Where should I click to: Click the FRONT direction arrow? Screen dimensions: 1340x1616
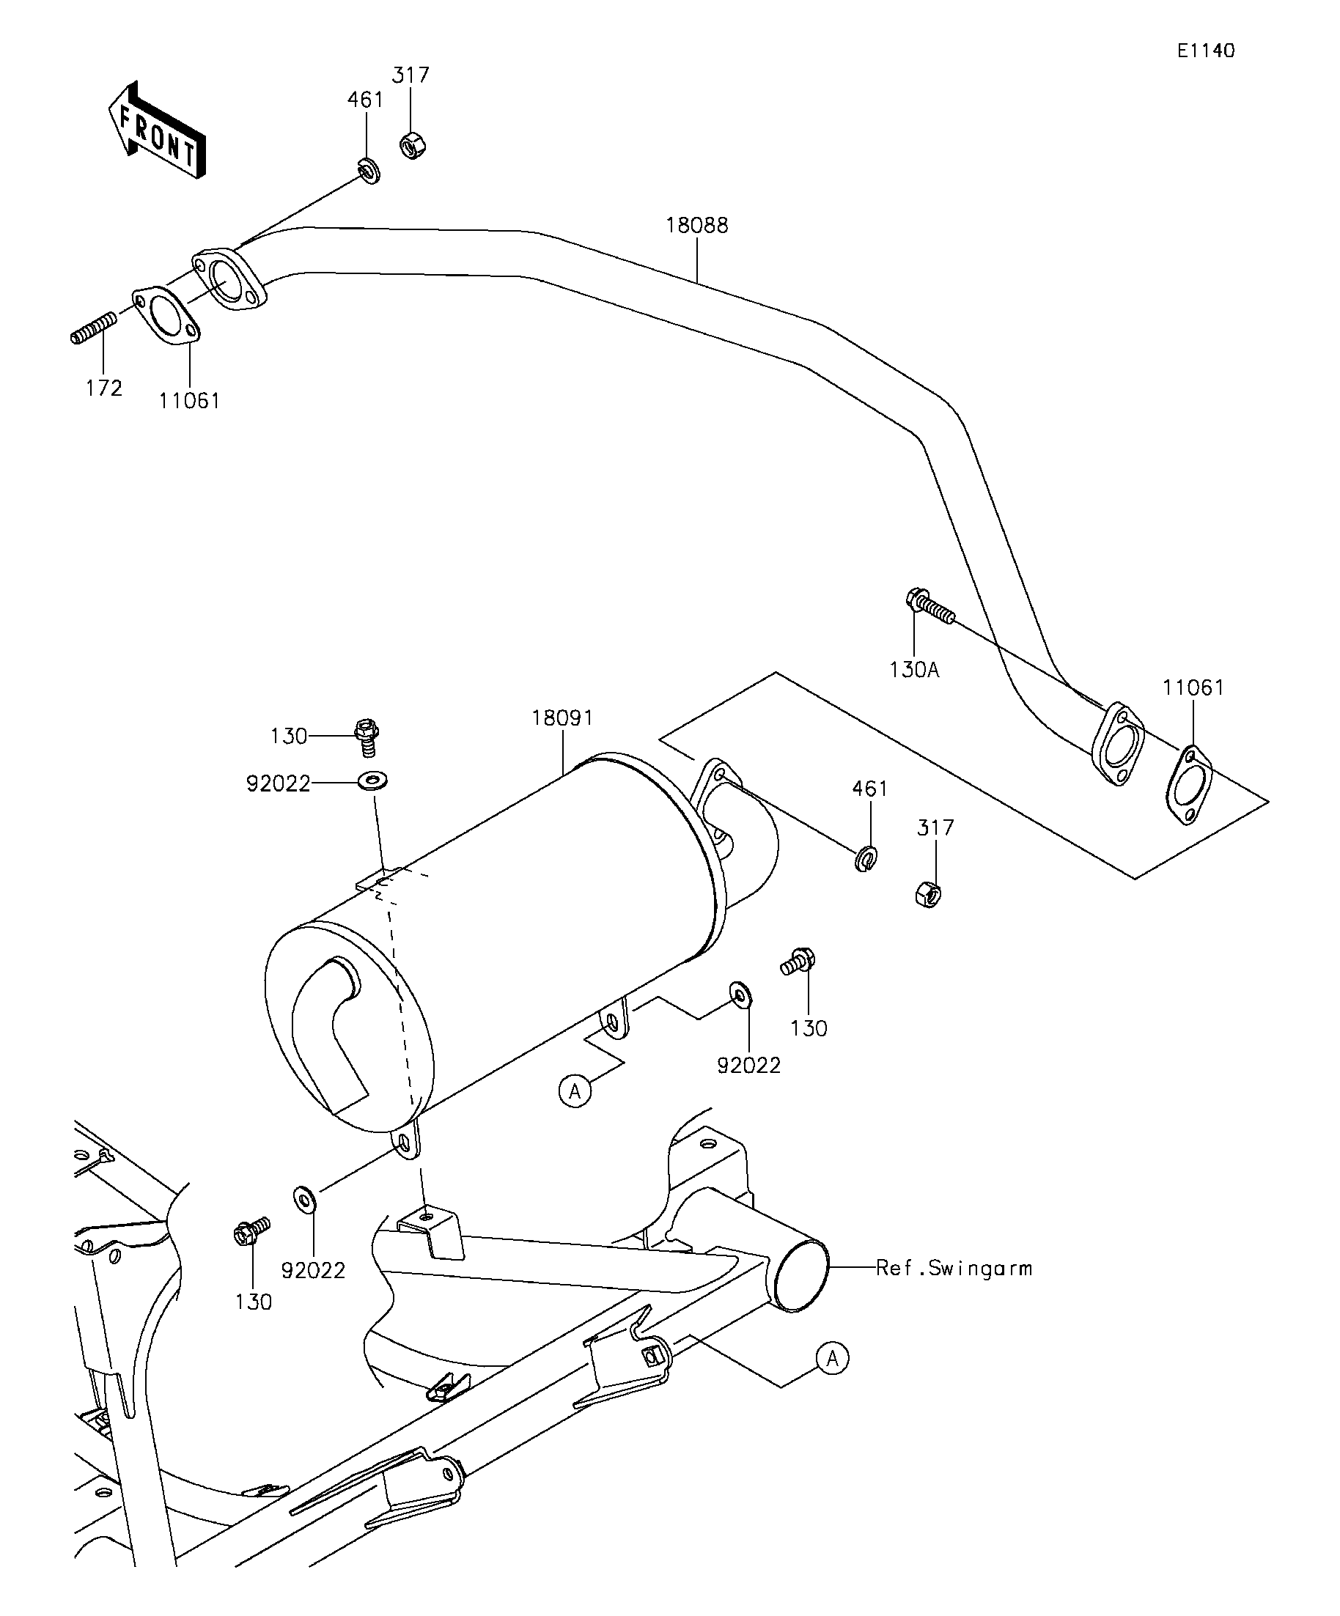157,130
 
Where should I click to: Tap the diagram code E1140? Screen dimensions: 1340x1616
1206,51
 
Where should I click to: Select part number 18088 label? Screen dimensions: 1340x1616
696,226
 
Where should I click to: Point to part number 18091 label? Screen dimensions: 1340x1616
563,718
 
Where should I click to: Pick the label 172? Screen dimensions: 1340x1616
104,388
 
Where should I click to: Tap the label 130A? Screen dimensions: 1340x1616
914,671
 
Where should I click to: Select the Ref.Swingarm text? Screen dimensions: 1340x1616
954,1268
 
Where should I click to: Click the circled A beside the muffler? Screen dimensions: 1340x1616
575,1091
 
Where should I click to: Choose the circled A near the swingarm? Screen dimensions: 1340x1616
833,1358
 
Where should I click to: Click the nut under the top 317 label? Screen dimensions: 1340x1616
413,144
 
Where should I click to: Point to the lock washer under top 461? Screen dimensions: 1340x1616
369,170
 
